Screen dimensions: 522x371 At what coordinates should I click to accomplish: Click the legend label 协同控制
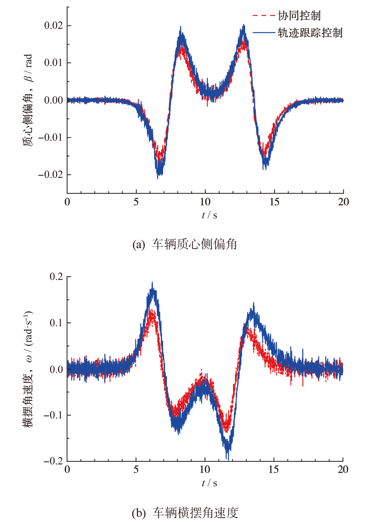299,16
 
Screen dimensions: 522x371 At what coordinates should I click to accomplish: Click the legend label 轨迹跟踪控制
310,33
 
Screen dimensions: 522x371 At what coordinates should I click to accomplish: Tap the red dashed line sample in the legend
263,16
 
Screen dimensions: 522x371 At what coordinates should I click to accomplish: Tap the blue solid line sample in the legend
263,33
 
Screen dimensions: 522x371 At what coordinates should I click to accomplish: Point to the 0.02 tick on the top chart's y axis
53,26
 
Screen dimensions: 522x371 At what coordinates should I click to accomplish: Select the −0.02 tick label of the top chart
50,175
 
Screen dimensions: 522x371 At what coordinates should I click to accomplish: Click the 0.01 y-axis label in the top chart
53,63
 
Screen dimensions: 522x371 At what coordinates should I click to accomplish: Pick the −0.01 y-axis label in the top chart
50,137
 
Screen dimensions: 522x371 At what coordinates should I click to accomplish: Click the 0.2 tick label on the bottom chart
56,277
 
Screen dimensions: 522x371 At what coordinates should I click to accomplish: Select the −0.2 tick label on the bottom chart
53,461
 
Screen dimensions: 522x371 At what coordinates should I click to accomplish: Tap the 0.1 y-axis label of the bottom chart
56,323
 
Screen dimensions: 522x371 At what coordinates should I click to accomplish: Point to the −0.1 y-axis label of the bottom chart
53,415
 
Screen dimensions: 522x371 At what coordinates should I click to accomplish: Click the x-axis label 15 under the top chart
274,202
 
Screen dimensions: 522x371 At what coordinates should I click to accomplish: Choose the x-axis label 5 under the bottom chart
136,469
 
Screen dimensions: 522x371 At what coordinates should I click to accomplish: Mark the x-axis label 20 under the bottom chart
343,469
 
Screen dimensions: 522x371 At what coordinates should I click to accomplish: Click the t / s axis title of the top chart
209,215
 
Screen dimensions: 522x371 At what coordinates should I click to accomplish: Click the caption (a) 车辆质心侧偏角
185,244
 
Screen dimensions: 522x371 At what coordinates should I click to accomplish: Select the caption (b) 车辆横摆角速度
185,513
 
